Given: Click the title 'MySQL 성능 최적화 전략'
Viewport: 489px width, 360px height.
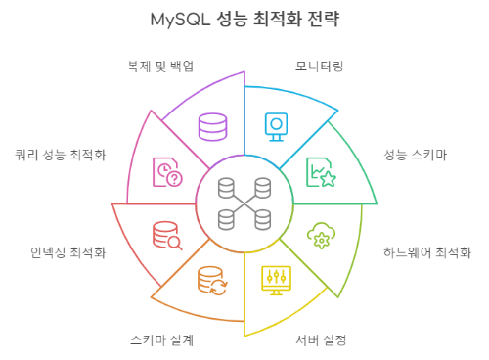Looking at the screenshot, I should coord(245,19).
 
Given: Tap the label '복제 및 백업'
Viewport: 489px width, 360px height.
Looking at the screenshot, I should coord(160,66).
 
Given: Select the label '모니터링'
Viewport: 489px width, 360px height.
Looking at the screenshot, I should coord(319,66).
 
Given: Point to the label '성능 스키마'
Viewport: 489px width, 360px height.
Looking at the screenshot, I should coord(416,155).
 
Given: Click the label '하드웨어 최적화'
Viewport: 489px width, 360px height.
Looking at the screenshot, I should coord(428,251).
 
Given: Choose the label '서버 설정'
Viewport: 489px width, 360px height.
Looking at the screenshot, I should coord(322,340).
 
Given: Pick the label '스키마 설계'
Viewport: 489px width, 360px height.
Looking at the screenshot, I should coord(161,340).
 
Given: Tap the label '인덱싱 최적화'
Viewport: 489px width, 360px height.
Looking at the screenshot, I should coord(68,251).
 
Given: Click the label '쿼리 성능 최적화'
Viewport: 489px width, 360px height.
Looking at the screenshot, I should coord(61,155).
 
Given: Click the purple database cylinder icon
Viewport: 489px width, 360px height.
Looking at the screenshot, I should coord(212,126).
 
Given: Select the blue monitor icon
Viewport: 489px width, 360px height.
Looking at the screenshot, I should coord(278,125).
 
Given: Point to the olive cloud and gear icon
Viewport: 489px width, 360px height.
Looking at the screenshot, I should coord(321,236).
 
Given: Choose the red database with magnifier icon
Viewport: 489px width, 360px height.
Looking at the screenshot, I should coord(167,236).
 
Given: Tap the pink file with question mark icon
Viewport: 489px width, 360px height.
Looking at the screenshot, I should coord(167,172).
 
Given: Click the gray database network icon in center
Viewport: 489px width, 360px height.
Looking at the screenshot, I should coord(244,202).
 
